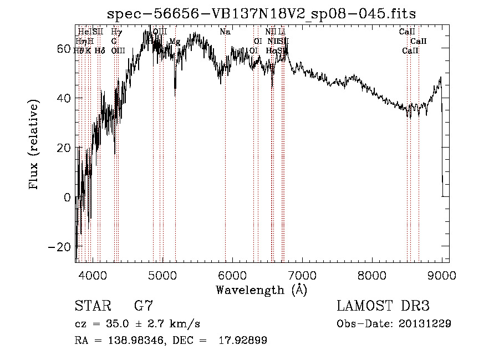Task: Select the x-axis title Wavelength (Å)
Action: pyautogui.click(x=261, y=290)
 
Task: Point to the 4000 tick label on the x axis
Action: pyautogui.click(x=93, y=275)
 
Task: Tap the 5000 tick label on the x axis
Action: pyautogui.click(x=162, y=275)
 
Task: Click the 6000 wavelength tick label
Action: pyautogui.click(x=232, y=275)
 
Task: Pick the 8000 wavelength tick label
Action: pyautogui.click(x=372, y=275)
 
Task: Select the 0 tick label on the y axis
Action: pyautogui.click(x=68, y=197)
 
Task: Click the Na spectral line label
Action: pyautogui.click(x=225, y=32)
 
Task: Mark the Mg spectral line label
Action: pyautogui.click(x=175, y=42)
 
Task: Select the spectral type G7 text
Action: pyautogui.click(x=144, y=306)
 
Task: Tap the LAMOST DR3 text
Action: pyautogui.click(x=383, y=306)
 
